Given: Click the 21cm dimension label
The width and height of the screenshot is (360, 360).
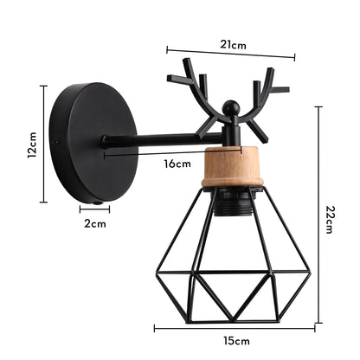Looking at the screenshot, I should coord(231,44).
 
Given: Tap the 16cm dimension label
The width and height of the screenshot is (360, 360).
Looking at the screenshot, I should coord(177,164).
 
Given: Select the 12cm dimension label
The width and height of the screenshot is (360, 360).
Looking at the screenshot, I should coord(32,145).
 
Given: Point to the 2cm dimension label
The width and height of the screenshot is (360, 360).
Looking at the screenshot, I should coord(95,223).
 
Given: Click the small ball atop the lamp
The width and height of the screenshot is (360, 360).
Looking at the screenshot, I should coord(229,107).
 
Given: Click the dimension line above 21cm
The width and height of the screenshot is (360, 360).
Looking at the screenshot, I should coord(230,54).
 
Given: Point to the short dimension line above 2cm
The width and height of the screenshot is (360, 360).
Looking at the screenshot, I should coord(94,208).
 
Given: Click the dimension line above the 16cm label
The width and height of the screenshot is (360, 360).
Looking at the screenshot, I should coord(165,153).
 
